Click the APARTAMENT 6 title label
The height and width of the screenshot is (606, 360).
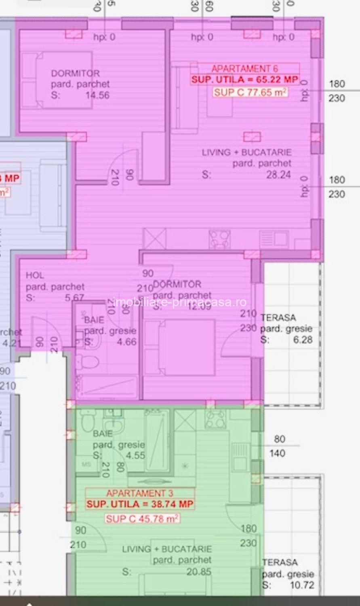pyautogui.click(x=245, y=68)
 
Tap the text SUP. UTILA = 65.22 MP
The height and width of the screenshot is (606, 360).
pyautogui.click(x=245, y=80)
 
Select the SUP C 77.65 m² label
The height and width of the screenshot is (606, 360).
pyautogui.click(x=250, y=93)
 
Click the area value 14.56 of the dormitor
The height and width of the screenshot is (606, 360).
pyautogui.click(x=97, y=95)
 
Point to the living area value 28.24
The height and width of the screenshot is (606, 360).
pyautogui.click(x=278, y=175)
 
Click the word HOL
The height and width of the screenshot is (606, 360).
pyautogui.click(x=35, y=276)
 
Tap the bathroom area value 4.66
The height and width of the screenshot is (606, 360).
pyautogui.click(x=126, y=342)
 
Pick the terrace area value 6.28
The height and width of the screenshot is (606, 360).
pyautogui.click(x=303, y=340)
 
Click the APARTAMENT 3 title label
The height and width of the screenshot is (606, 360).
pyautogui.click(x=140, y=493)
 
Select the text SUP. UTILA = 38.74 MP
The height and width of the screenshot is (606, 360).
pyautogui.click(x=140, y=504)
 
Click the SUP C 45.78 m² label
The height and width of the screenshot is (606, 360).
pyautogui.click(x=142, y=518)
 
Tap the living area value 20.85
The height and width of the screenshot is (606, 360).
pyautogui.click(x=199, y=572)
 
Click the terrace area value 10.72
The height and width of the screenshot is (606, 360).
pyautogui.click(x=302, y=585)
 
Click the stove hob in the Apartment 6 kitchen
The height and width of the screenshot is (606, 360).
pyautogui.click(x=219, y=240)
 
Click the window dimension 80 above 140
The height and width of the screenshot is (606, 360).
pyautogui.click(x=279, y=439)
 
